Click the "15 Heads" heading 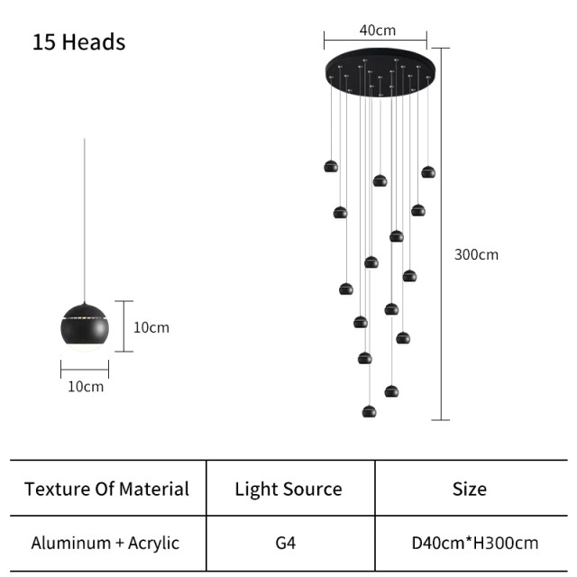pyautogui.click(x=78, y=42)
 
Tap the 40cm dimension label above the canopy pyautogui.click(x=377, y=30)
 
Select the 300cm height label pyautogui.click(x=476, y=254)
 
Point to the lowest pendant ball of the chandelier pyautogui.click(x=369, y=411)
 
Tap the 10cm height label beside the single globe pyautogui.click(x=151, y=327)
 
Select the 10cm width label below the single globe pyautogui.click(x=85, y=386)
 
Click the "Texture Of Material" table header pyautogui.click(x=106, y=489)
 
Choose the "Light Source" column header pyautogui.click(x=288, y=489)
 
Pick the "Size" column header pyautogui.click(x=470, y=489)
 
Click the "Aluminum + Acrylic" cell pyautogui.click(x=105, y=543)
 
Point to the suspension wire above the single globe pyautogui.click(x=85, y=225)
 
